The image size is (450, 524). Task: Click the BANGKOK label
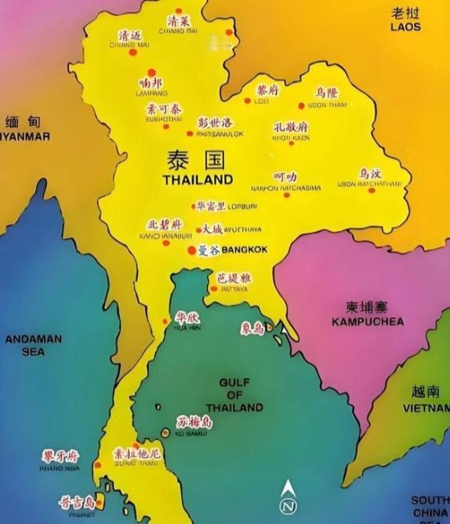(245, 250)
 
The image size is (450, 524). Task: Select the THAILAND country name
(198, 179)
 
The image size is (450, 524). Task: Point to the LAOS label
(405, 27)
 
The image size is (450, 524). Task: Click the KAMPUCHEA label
(367, 321)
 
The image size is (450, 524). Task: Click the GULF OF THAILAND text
(234, 395)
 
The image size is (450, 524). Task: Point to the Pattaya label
(234, 289)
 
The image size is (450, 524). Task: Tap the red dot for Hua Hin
(165, 320)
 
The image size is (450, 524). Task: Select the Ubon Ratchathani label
(369, 183)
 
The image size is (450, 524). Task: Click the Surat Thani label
(138, 462)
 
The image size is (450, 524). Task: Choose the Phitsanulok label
(214, 134)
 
